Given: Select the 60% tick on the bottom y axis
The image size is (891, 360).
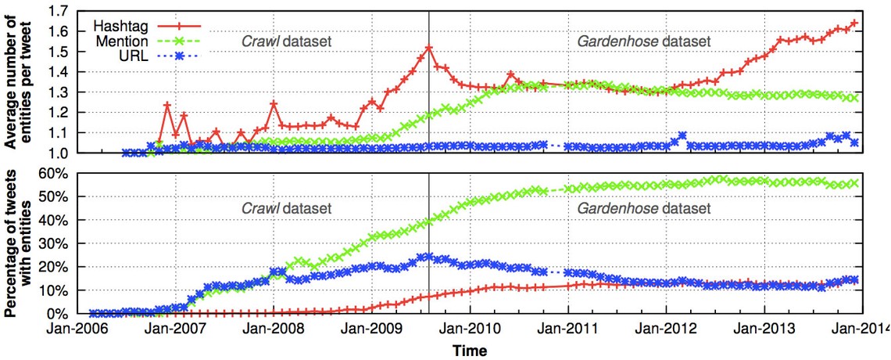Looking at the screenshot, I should tap(63, 172).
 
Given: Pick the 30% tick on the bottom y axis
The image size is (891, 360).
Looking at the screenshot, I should tap(63, 243).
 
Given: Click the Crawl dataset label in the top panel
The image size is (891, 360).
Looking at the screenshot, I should tap(285, 40).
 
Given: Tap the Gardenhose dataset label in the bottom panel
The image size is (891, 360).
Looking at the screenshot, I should tap(644, 209).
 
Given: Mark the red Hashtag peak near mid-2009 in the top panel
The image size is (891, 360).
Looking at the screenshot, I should tap(428, 47).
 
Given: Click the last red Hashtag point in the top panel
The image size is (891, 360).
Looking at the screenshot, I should tap(854, 23).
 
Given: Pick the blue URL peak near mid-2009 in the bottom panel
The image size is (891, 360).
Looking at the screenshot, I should tap(427, 256).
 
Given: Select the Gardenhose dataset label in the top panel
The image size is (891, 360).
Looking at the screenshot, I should tap(644, 40).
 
